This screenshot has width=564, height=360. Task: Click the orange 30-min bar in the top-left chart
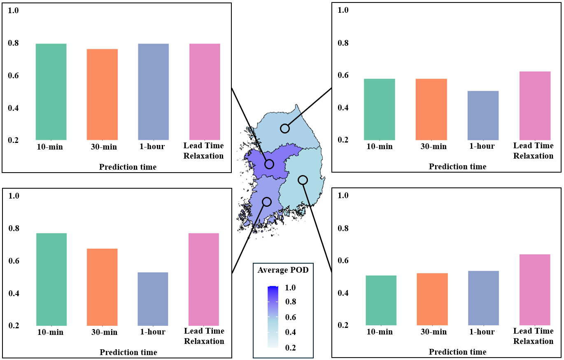(x=102, y=94)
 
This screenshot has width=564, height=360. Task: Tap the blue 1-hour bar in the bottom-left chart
(x=153, y=299)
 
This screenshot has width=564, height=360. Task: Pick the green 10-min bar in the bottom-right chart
(x=381, y=300)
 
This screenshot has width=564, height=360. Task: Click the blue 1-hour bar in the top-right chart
(x=483, y=115)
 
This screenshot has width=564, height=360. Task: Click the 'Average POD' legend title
(x=283, y=270)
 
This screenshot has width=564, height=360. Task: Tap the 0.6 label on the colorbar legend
(x=290, y=318)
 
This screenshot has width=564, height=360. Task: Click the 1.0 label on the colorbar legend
(x=290, y=288)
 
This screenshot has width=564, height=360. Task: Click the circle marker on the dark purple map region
(x=269, y=164)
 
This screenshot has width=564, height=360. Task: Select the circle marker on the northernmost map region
(x=285, y=129)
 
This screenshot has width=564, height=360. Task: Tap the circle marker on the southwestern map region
(x=267, y=201)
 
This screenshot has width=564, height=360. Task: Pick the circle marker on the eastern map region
(x=303, y=180)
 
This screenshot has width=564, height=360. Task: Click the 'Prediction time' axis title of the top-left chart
(x=128, y=167)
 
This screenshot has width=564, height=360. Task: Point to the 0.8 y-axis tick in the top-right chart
(x=343, y=43)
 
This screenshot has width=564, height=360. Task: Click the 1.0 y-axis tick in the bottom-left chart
(x=14, y=196)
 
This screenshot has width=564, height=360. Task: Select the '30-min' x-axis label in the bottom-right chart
(x=432, y=332)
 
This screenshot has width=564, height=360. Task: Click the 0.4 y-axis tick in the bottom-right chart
(x=343, y=293)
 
